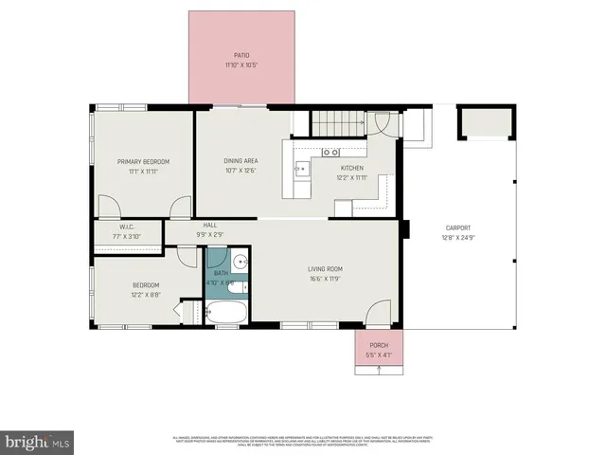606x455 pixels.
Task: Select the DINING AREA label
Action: pos(241,161)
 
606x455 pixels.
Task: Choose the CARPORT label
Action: pos(456,227)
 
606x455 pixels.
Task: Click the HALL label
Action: pos(210,225)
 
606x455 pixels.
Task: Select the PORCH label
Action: pos(378,345)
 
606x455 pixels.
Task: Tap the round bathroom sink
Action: pos(241,263)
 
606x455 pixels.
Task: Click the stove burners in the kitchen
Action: pos(331,152)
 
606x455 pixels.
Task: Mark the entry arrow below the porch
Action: pos(378,370)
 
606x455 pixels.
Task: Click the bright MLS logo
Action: pos(38,441)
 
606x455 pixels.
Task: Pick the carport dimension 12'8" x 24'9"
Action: pos(456,238)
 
